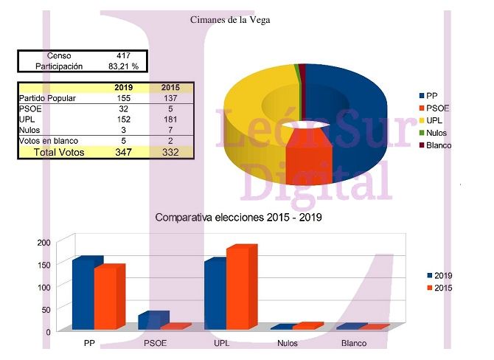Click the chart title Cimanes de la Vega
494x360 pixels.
[230, 20]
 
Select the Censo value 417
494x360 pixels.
[123, 56]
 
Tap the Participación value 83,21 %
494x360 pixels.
[123, 66]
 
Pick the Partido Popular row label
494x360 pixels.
[48, 98]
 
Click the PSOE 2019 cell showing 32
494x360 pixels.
[123, 109]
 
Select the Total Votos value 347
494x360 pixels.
[123, 152]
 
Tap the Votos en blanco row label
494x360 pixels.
[49, 141]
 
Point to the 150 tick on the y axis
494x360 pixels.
[43, 265]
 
